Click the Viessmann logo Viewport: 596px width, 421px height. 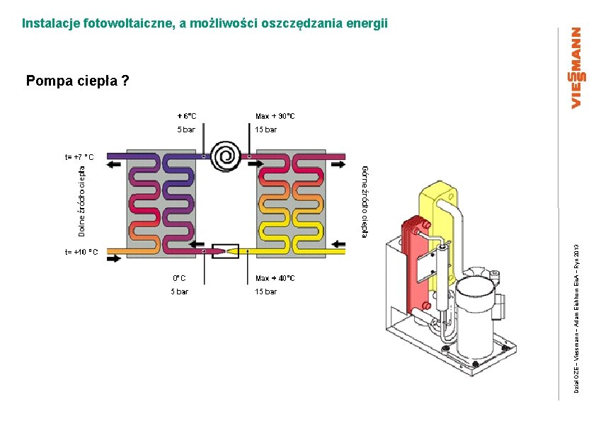coord(577,68)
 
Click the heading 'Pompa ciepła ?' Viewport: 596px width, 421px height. coord(78,81)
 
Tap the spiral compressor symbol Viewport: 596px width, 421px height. coord(227,156)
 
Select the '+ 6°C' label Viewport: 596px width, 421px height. coord(187,116)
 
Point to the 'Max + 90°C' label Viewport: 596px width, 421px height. coord(275,116)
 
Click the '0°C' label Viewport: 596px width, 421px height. coord(180,278)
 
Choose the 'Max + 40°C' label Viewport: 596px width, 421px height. coord(275,278)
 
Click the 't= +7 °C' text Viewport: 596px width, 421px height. coord(79,156)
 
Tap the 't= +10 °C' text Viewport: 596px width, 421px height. coord(81,251)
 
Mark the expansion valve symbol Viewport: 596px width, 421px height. coord(226,250)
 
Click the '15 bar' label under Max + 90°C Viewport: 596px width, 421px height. coord(266,129)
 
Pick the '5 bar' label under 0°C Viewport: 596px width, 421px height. coord(179,292)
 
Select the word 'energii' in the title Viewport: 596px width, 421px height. coord(367,23)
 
